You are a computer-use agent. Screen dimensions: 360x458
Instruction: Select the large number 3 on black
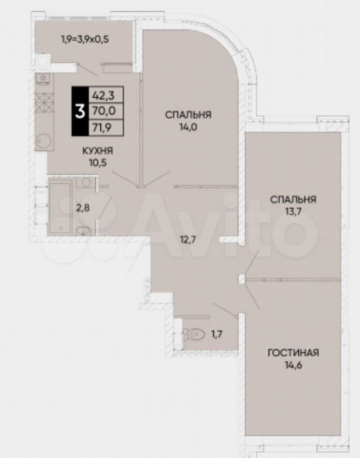[80, 111]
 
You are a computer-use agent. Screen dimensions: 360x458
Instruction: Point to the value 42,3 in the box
[103, 95]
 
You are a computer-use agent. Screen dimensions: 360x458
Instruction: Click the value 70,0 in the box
[104, 111]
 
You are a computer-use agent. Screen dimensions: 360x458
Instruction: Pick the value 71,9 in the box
[102, 127]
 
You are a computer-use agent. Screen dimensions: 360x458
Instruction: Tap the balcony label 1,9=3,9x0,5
[85, 39]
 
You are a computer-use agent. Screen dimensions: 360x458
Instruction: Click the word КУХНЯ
[97, 151]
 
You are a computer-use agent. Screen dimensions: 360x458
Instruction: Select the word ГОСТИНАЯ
[293, 353]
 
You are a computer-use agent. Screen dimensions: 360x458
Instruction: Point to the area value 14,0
[188, 127]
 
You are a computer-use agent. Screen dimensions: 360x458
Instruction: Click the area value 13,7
[293, 212]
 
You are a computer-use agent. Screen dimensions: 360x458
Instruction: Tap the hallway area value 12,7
[188, 240]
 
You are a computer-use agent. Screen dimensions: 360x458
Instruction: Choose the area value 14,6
[293, 365]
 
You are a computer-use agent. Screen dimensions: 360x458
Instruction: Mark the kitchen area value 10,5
[98, 163]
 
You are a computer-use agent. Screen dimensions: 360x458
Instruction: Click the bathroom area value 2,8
[83, 208]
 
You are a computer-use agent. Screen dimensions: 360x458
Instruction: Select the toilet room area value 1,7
[217, 334]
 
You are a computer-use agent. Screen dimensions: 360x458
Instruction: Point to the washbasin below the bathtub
[84, 231]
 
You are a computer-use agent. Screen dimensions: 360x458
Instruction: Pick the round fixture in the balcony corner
[42, 61]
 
